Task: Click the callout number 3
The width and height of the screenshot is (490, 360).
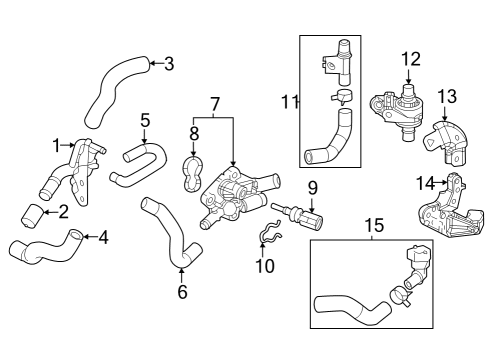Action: tap(168, 65)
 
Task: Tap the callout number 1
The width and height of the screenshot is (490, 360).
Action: tap(57, 145)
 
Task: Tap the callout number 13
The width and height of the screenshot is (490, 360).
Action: tap(446, 96)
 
